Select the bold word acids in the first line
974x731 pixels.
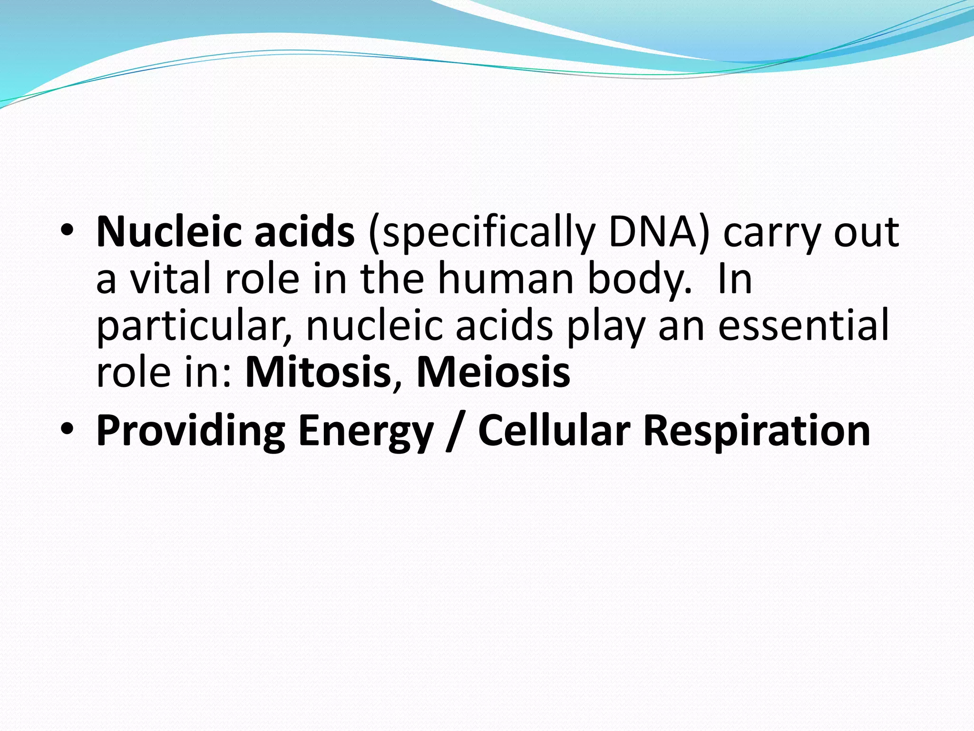tap(304, 233)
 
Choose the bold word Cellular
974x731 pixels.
tap(554, 431)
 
